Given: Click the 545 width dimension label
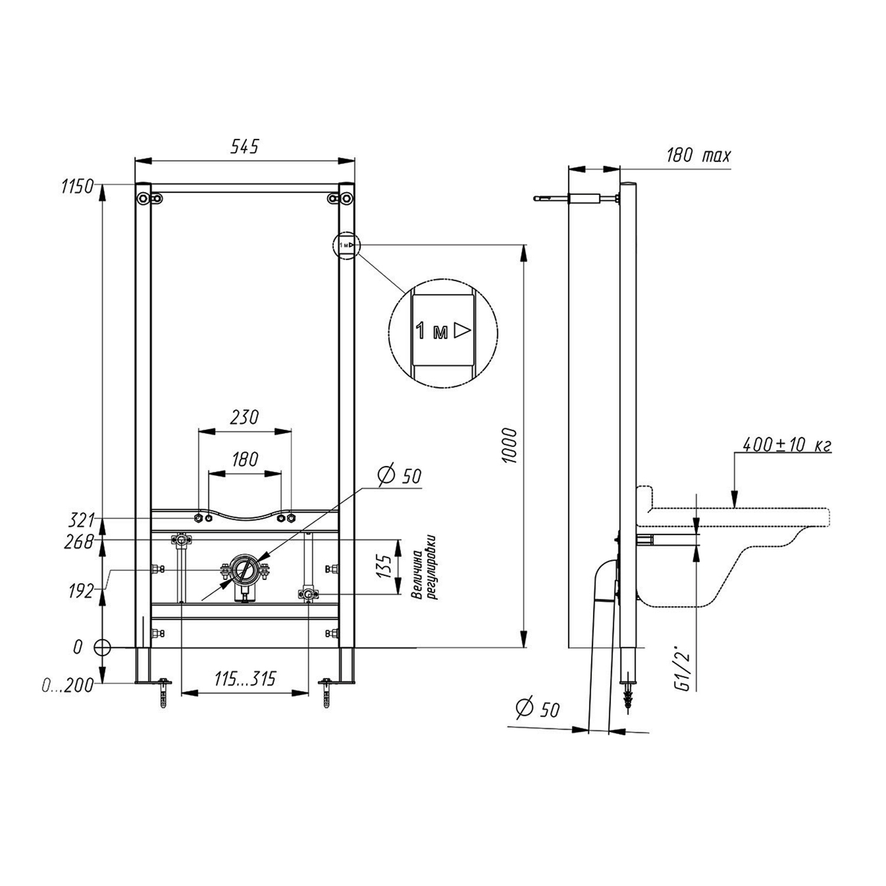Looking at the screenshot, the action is pos(245,146).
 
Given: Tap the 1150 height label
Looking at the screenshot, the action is pos(77,187).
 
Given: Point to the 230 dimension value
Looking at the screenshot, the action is pos(245,417).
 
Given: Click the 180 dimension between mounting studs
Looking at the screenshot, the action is pos(245,459).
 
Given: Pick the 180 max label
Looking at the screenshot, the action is pos(699,155).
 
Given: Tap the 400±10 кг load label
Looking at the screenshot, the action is pos(787,445).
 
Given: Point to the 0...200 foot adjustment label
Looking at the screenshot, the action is pos(68,686).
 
